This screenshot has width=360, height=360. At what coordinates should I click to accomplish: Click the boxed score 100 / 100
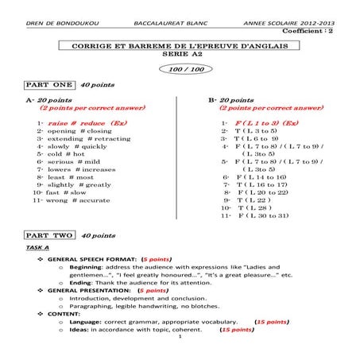pyautogui.click(x=179, y=69)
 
